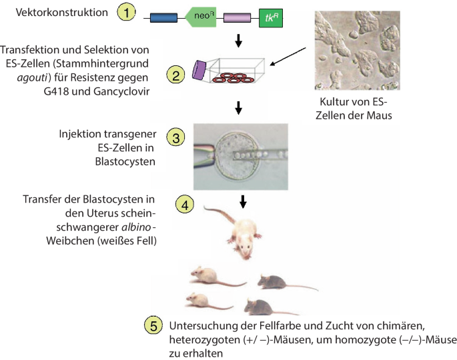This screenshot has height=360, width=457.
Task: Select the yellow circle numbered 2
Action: [174, 74]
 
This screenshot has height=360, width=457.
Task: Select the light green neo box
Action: [203, 19]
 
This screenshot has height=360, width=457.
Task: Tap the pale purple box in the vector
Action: [236, 19]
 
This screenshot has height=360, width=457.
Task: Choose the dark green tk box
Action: [270, 19]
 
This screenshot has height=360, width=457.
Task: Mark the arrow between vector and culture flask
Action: [240, 45]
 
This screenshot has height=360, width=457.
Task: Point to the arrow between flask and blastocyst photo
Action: [240, 107]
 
